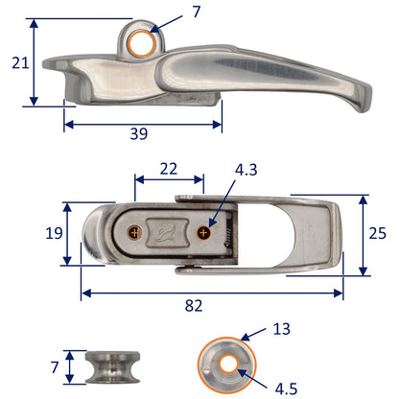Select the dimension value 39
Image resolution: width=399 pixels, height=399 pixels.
[x=138, y=134]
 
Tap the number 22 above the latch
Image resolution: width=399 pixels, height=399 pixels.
[x=168, y=168]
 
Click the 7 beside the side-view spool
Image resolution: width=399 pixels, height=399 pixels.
[x=56, y=364]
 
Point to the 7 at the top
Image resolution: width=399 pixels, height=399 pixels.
[x=196, y=12]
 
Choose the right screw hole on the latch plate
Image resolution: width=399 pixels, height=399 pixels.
[x=203, y=233]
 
